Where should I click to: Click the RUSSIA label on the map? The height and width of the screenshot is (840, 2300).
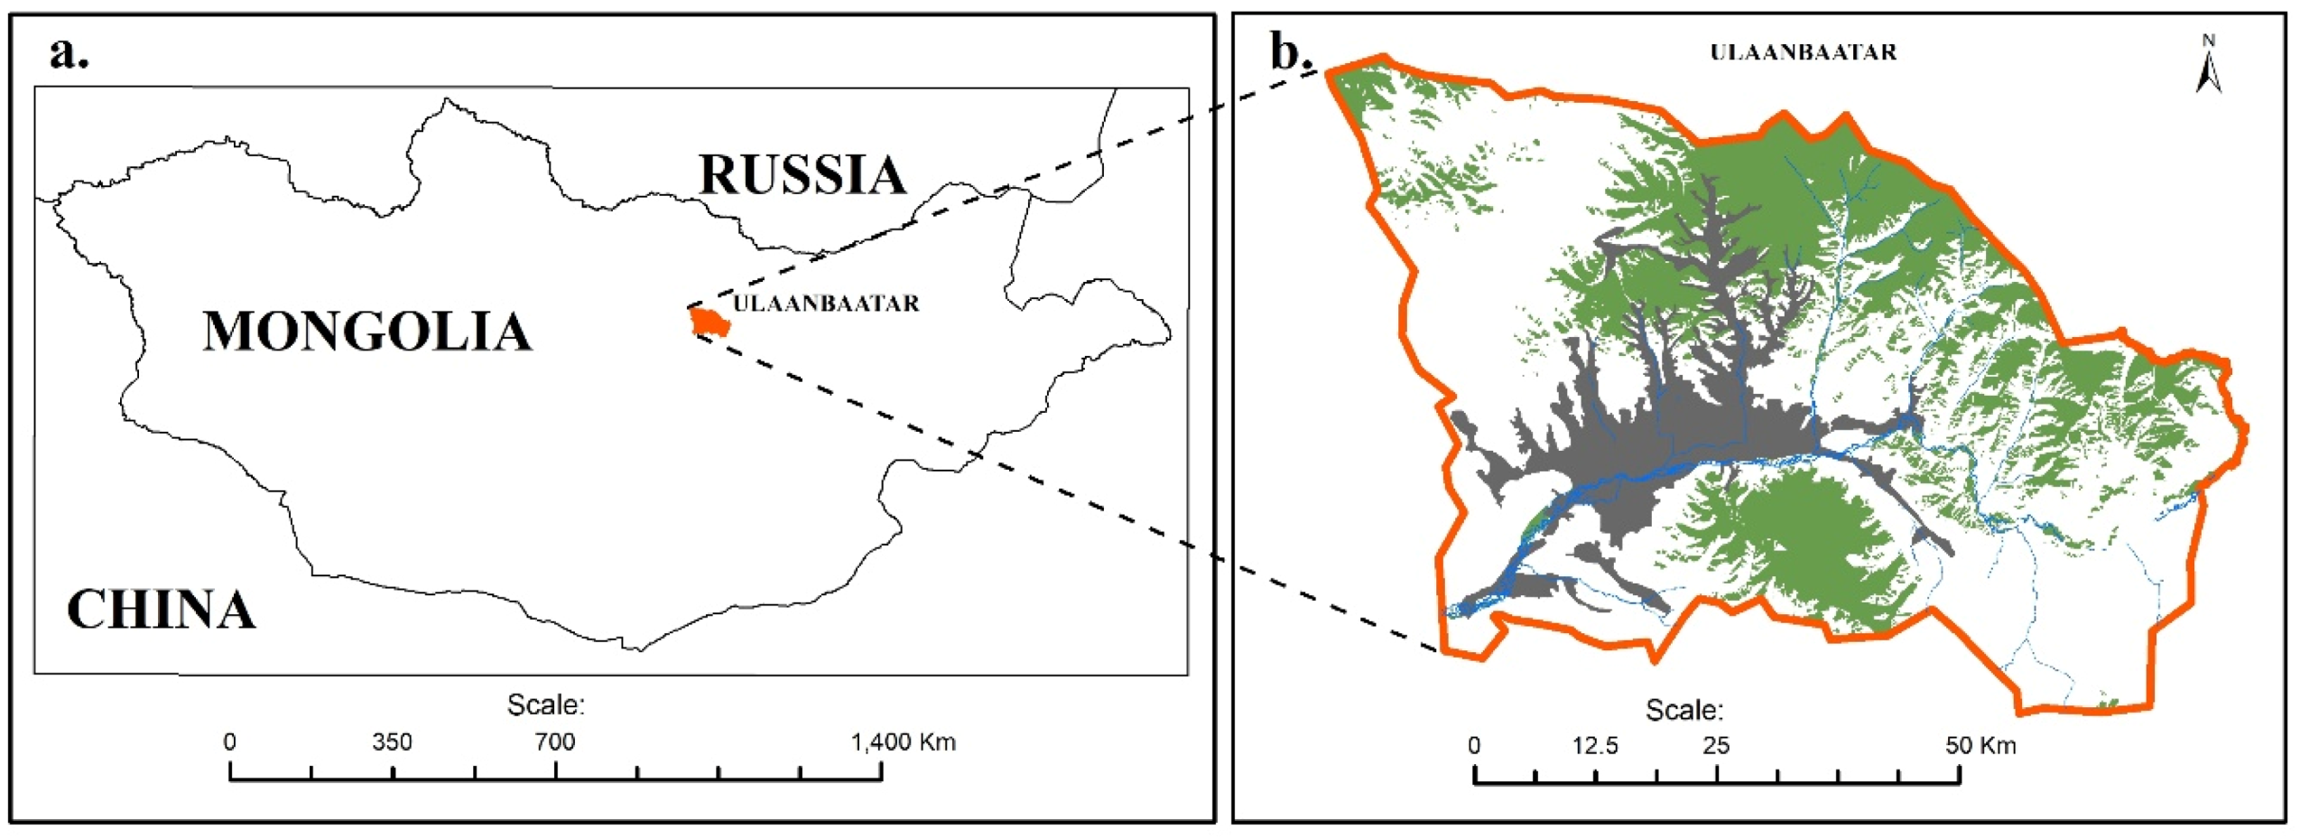[x=802, y=175]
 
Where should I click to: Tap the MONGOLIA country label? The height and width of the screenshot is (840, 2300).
[x=366, y=331]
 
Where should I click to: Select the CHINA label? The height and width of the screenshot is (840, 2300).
[x=162, y=610]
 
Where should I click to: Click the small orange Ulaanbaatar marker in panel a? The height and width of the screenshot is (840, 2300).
[x=709, y=322]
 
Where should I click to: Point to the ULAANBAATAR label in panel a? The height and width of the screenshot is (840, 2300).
[x=826, y=303]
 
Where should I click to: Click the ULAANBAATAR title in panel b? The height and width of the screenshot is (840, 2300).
[x=1803, y=52]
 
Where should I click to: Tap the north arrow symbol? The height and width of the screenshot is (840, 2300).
[x=2208, y=66]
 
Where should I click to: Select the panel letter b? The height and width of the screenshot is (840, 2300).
[x=1289, y=51]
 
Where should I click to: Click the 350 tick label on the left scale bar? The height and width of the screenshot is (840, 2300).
[x=392, y=742]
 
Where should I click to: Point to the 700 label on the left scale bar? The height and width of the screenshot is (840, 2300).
[x=554, y=742]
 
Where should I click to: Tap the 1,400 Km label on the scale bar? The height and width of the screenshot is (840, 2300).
[x=903, y=742]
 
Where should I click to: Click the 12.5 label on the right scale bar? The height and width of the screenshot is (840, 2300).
[x=1594, y=746]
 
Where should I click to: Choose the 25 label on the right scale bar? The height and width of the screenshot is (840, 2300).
[x=1715, y=746]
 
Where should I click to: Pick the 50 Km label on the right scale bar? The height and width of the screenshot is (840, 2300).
[x=1980, y=746]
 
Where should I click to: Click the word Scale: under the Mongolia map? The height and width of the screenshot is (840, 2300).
[x=545, y=705]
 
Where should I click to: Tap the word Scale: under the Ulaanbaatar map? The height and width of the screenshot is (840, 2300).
[x=1683, y=710]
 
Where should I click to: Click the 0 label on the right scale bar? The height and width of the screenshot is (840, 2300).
[x=1474, y=746]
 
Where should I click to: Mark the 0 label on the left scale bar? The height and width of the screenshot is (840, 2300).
[x=230, y=742]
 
